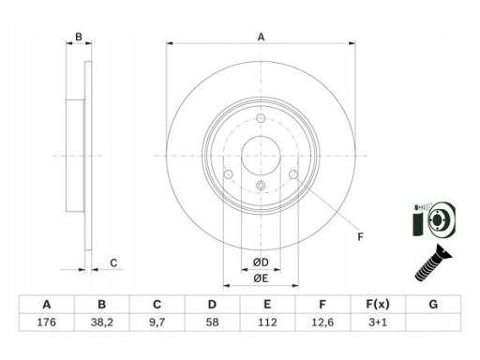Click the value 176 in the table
(47, 322)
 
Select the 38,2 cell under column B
(101, 322)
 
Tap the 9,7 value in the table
(157, 322)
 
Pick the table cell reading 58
(212, 322)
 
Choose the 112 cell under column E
(267, 322)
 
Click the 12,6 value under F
(322, 322)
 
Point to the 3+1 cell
(378, 322)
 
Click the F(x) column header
(378, 304)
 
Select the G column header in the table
(433, 304)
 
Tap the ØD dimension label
(261, 262)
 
